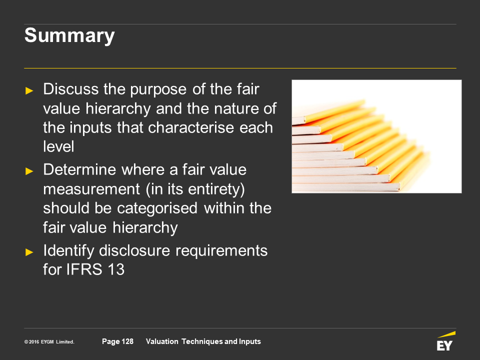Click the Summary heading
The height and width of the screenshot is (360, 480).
click(69, 36)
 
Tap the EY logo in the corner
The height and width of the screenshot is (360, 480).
click(446, 341)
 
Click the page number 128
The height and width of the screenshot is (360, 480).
click(127, 341)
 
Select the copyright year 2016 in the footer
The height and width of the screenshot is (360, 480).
click(34, 342)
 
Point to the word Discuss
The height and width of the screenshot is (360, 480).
click(70, 89)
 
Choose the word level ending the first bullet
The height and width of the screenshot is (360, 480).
click(58, 146)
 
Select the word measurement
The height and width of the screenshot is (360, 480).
click(91, 189)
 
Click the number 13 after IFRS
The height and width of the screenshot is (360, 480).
click(115, 269)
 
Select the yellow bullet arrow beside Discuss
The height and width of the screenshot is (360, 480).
click(29, 90)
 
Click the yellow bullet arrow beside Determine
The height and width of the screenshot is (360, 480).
click(29, 171)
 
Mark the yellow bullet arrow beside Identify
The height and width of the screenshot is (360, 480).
click(29, 252)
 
